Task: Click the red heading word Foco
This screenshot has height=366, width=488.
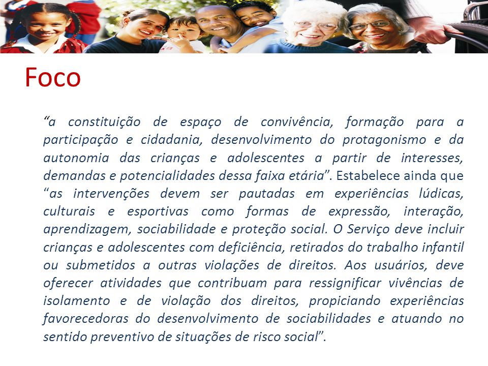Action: pos(52,77)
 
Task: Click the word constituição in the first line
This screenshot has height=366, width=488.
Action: pos(104,122)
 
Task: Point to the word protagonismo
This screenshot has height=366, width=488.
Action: pos(384,140)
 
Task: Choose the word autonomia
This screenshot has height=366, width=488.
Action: pos(76,158)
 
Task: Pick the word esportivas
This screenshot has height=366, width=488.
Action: pos(158,211)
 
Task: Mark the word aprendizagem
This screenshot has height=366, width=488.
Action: pos(86,230)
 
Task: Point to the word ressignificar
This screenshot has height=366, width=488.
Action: pos(345,283)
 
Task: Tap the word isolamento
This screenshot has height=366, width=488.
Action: pos(77,300)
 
